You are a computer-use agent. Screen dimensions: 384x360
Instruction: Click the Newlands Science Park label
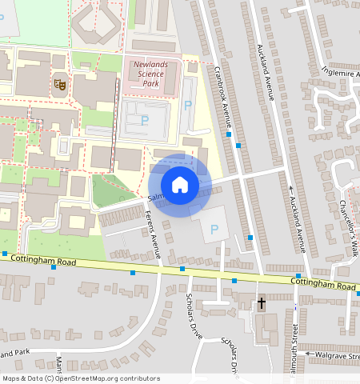(x=150, y=74)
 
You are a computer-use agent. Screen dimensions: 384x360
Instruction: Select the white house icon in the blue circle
(x=180, y=184)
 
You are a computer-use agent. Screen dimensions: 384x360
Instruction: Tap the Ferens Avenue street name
(x=156, y=234)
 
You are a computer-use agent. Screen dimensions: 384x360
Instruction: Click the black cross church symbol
(x=262, y=303)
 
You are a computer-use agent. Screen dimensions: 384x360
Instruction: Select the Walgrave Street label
(x=335, y=354)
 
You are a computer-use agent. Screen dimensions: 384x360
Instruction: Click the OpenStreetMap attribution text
(x=81, y=378)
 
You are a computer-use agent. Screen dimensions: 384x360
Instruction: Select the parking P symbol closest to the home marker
(x=214, y=230)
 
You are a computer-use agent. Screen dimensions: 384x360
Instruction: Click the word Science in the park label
(x=150, y=74)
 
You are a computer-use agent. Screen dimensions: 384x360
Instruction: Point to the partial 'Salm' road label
(x=154, y=197)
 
